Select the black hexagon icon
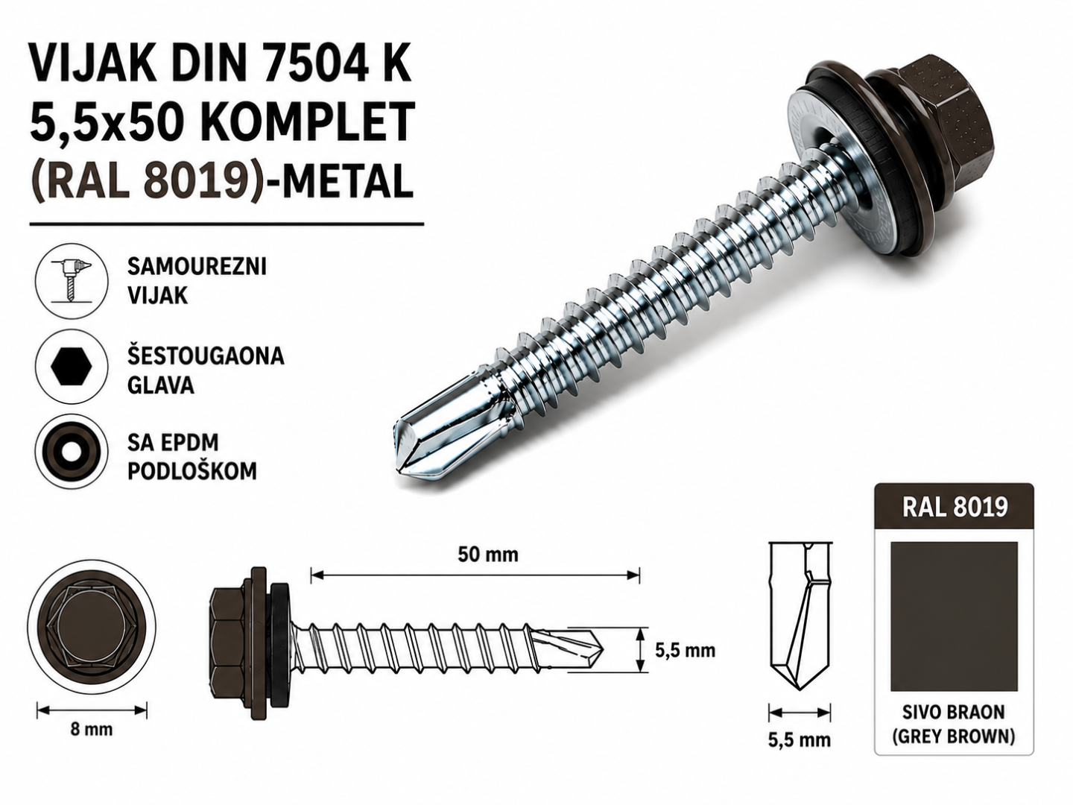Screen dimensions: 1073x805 [x=72, y=367]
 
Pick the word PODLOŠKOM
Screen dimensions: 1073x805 [x=192, y=471]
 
